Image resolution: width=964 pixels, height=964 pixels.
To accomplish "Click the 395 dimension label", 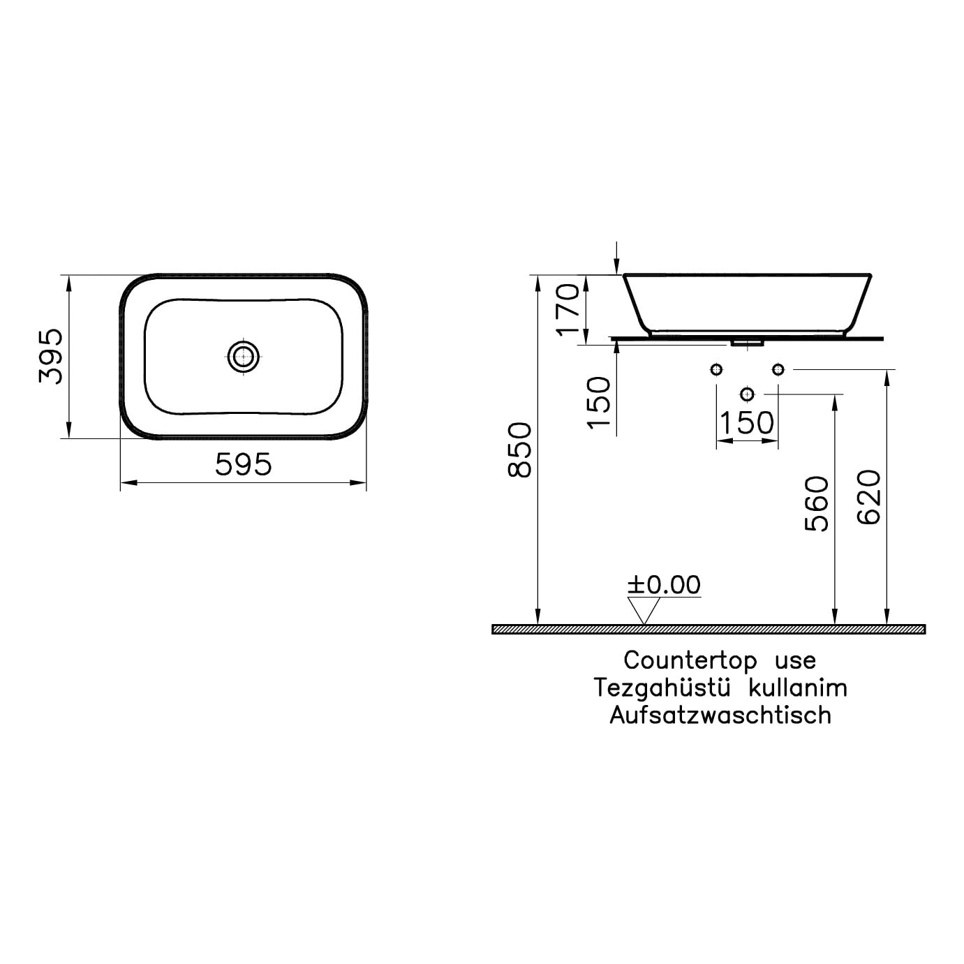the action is click(x=51, y=356).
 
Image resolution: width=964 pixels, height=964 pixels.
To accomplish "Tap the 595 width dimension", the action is click(x=244, y=464).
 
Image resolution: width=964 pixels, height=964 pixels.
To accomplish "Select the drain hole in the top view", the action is click(x=244, y=357).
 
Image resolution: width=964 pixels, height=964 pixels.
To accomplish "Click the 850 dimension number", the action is click(x=519, y=450).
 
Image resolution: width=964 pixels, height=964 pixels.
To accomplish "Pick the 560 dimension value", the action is click(x=817, y=504).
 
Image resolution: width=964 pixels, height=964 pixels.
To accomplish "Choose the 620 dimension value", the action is click(x=868, y=497).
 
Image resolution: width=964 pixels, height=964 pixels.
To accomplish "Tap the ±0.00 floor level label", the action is click(x=664, y=585).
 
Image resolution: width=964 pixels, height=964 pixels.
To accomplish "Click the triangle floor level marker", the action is click(x=644, y=611).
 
